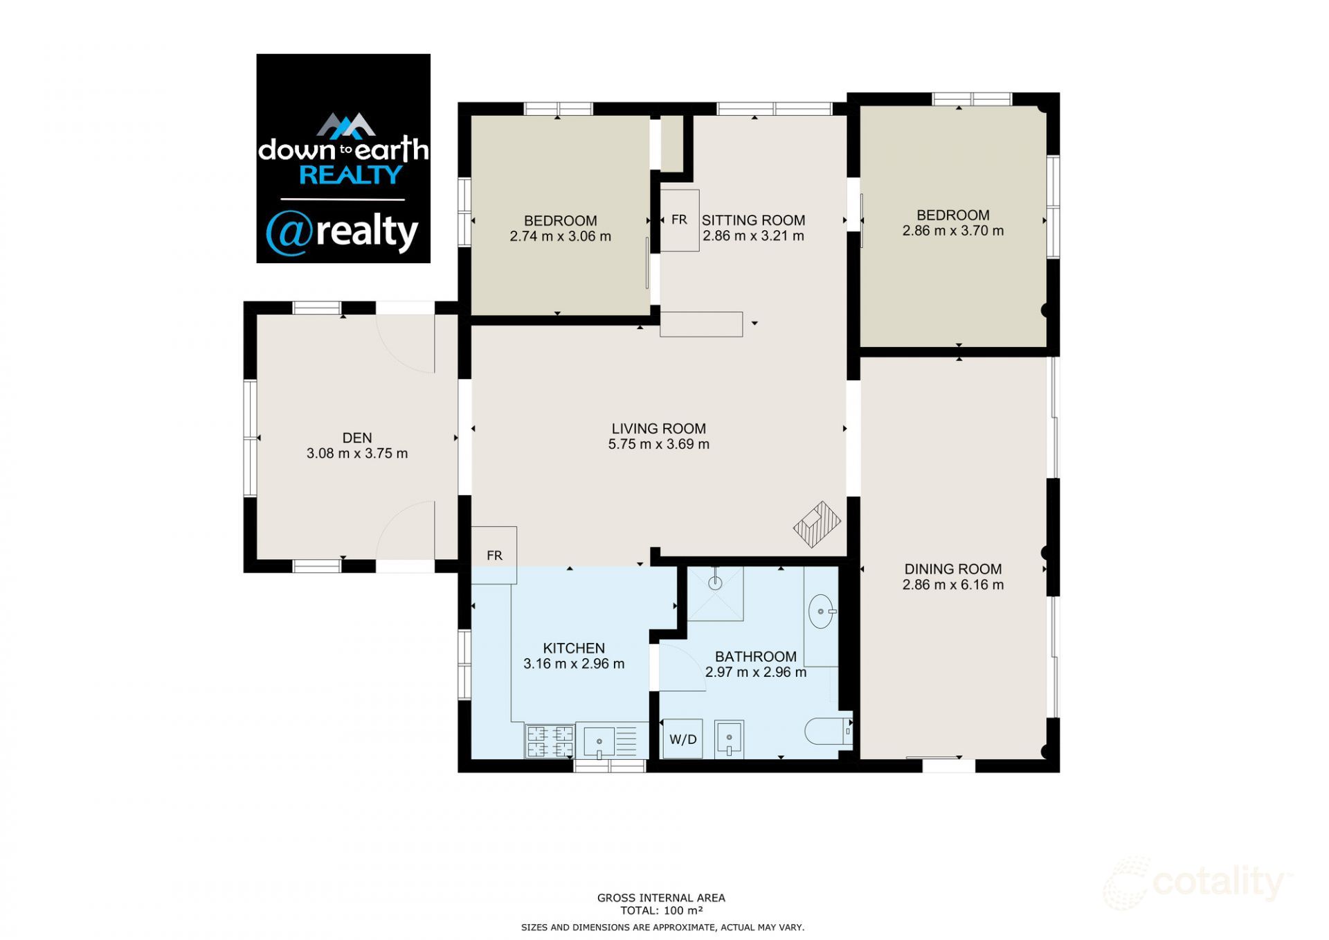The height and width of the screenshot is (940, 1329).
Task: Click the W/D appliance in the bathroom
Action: (682, 739)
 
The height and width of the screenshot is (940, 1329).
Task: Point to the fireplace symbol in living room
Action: (817, 524)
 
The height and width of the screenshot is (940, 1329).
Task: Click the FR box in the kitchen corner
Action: (494, 555)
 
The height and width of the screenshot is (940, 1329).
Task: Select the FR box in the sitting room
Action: (679, 220)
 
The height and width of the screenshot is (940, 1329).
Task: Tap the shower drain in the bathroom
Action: (716, 583)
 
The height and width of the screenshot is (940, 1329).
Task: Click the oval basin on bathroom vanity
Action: (821, 612)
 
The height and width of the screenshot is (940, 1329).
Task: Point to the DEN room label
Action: (357, 438)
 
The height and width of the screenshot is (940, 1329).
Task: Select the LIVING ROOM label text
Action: (658, 429)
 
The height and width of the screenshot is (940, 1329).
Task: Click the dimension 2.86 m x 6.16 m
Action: (952, 585)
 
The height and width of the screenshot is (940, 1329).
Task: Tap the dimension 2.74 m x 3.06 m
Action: (560, 236)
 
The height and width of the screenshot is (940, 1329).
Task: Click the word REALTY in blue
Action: (350, 175)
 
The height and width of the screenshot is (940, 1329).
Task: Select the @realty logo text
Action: (343, 232)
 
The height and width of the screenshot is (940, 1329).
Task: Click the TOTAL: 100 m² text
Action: (661, 910)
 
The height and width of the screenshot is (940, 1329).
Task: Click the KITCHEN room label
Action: (574, 648)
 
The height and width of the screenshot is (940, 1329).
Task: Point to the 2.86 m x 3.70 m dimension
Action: (952, 231)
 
